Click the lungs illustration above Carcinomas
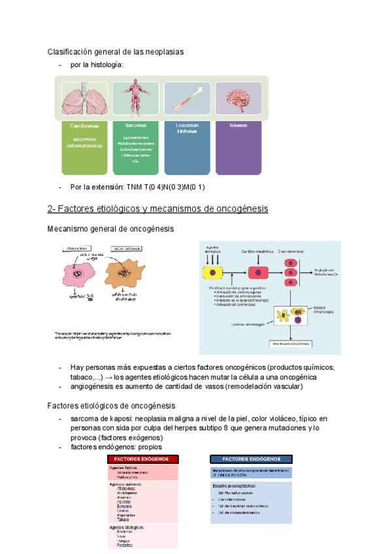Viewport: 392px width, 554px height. pyautogui.click(x=84, y=99)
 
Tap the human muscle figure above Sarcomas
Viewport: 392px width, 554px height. pyautogui.click(x=135, y=99)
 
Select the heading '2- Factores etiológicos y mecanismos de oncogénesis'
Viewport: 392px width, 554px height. pyautogui.click(x=157, y=208)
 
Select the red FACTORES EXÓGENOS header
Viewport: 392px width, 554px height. pyautogui.click(x=143, y=459)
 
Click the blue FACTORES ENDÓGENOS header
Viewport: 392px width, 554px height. pyautogui.click(x=251, y=459)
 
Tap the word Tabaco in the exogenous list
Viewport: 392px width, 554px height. pyautogui.click(x=123, y=519)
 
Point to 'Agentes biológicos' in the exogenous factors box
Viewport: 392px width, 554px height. pyautogui.click(x=127, y=527)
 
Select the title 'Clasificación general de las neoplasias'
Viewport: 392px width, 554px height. pyautogui.click(x=116, y=52)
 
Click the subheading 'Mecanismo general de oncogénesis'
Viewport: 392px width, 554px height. pyautogui.click(x=111, y=229)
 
